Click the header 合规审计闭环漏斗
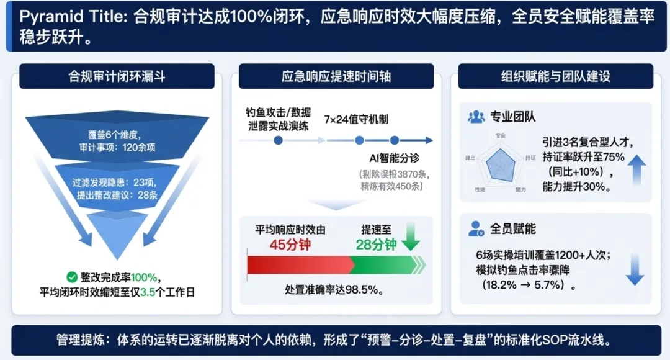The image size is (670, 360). [117, 76]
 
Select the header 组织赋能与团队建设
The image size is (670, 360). [555, 76]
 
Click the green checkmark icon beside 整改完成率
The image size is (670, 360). [71, 277]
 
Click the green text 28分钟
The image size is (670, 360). [376, 244]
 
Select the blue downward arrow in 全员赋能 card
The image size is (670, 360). [635, 269]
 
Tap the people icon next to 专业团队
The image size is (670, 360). [476, 116]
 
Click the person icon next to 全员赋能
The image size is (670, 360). [476, 228]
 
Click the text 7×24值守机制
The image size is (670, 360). [356, 119]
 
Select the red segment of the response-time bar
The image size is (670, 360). [298, 264]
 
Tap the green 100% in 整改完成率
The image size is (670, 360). [144, 277]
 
